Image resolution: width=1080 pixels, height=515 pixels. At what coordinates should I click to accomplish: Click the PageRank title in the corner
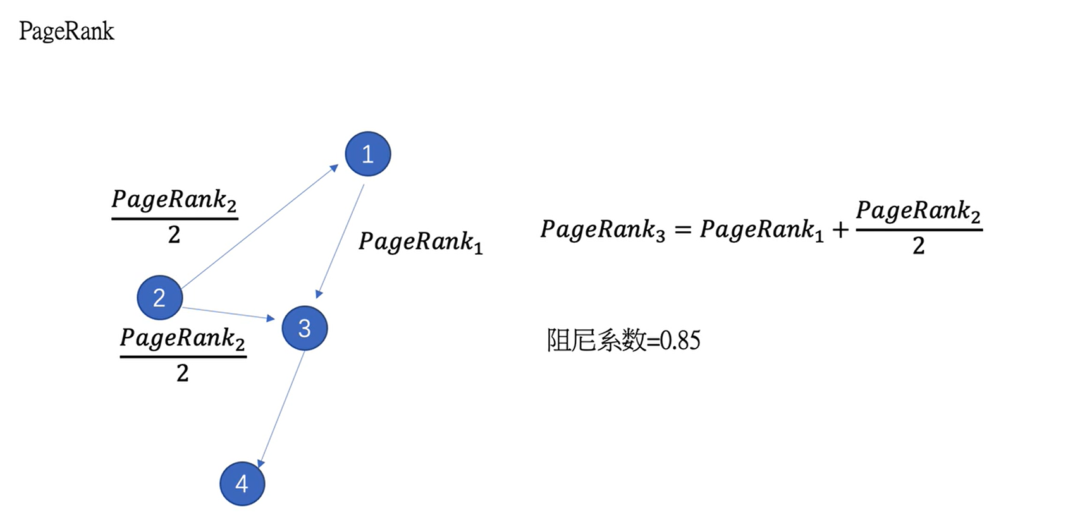66,31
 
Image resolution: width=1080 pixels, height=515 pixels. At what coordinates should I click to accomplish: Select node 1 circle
368,154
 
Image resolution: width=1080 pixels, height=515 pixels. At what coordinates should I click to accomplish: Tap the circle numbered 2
160,298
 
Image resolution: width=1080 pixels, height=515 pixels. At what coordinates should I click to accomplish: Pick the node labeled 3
305,328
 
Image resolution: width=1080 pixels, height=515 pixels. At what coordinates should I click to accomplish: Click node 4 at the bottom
242,484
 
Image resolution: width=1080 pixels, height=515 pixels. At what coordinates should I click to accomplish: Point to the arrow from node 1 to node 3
341,239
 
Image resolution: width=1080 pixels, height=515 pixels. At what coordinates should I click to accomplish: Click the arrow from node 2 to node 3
228,313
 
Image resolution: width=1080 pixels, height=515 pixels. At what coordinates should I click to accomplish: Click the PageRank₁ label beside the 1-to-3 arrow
420,241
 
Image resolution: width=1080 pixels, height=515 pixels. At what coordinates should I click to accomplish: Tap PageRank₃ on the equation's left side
603,229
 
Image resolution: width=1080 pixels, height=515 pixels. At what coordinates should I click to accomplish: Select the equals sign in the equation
682,230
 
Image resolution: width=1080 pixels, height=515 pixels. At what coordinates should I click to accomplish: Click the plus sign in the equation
840,230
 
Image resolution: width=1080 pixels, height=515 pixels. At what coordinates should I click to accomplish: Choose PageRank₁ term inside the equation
761,229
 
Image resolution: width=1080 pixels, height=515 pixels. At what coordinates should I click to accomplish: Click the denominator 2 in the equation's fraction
919,245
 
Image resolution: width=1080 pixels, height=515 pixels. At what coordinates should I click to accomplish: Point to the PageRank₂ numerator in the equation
918,210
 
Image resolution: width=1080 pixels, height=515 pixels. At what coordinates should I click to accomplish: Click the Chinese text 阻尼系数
596,341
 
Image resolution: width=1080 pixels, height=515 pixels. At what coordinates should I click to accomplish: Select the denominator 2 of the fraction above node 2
175,235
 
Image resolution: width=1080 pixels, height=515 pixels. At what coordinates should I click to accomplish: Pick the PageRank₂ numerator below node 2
183,338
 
